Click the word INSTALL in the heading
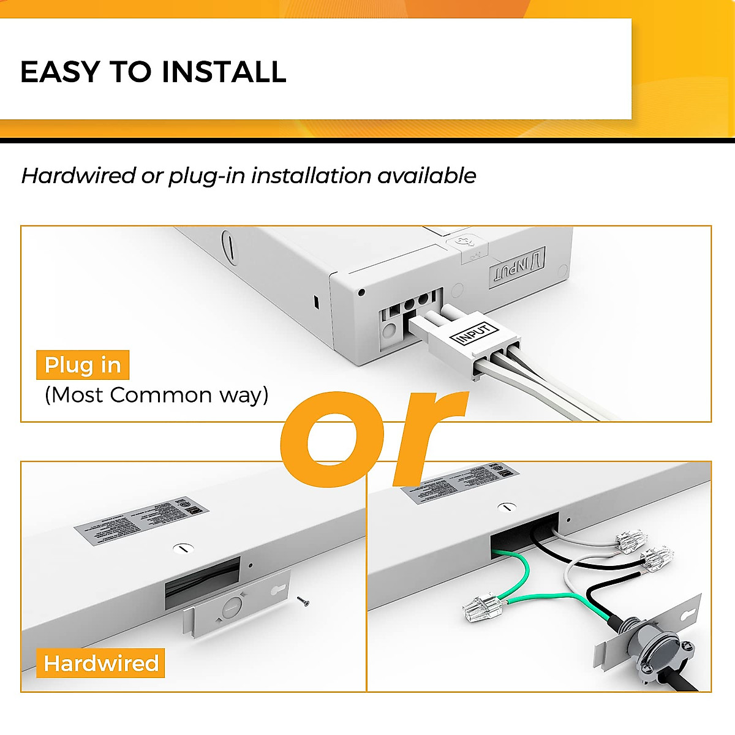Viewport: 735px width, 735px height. pos(224,72)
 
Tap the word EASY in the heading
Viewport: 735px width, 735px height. pos(59,72)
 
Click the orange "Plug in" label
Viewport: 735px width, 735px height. pos(83,365)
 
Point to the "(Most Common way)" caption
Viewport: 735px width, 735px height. pos(156,395)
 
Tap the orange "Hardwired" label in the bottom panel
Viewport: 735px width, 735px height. pos(101,663)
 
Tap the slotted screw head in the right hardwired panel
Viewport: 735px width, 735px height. pos(505,507)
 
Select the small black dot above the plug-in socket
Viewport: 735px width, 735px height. pos(361,292)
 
